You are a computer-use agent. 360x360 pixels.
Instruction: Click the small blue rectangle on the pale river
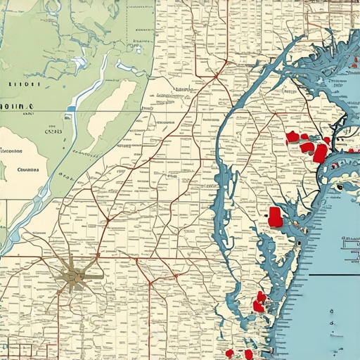[70, 109]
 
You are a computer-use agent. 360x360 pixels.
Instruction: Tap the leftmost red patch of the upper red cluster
[292, 136]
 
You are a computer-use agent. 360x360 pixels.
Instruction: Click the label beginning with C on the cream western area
[28, 169]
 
